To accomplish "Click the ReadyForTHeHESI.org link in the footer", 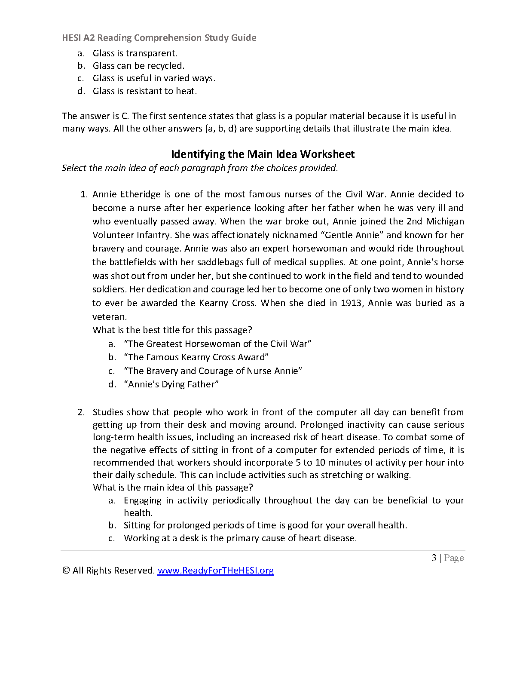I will point(215,571).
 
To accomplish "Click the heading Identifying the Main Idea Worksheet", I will point(263,154).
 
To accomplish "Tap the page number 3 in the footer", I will point(434,558).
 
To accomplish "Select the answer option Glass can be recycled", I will point(138,66).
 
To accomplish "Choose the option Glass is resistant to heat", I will point(145,91).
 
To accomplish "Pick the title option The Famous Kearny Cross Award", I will point(196,357).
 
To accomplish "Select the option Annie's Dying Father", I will point(171,384).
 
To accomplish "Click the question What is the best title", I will point(172,330).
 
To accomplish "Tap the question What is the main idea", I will point(173,488).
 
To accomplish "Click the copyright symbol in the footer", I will point(66,571).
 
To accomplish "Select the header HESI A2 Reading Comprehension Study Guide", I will point(159,38).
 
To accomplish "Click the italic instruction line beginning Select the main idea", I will point(200,168).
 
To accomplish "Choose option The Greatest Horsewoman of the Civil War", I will point(217,344).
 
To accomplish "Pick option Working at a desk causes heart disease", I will point(240,538).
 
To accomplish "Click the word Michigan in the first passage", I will point(445,221).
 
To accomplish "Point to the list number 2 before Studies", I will point(81,412).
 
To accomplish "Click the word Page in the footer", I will point(454,558).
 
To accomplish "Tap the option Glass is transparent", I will point(135,53).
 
